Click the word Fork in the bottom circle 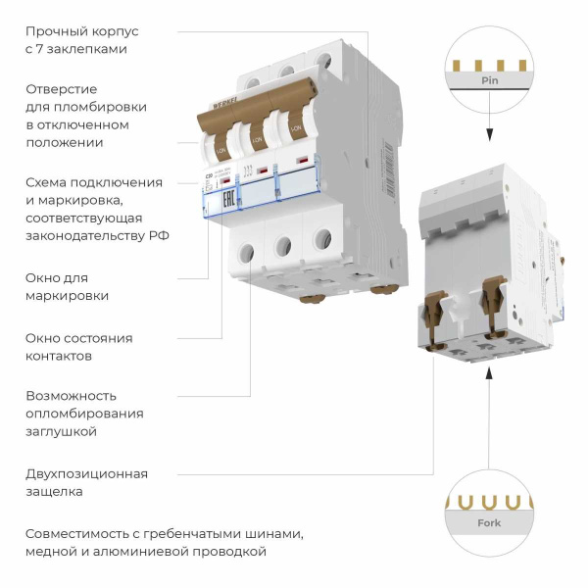click(488, 523)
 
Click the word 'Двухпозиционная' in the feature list click(87, 474)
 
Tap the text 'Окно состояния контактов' click(78, 347)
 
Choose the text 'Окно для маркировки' click(68, 286)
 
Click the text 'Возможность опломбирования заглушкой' click(84, 413)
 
